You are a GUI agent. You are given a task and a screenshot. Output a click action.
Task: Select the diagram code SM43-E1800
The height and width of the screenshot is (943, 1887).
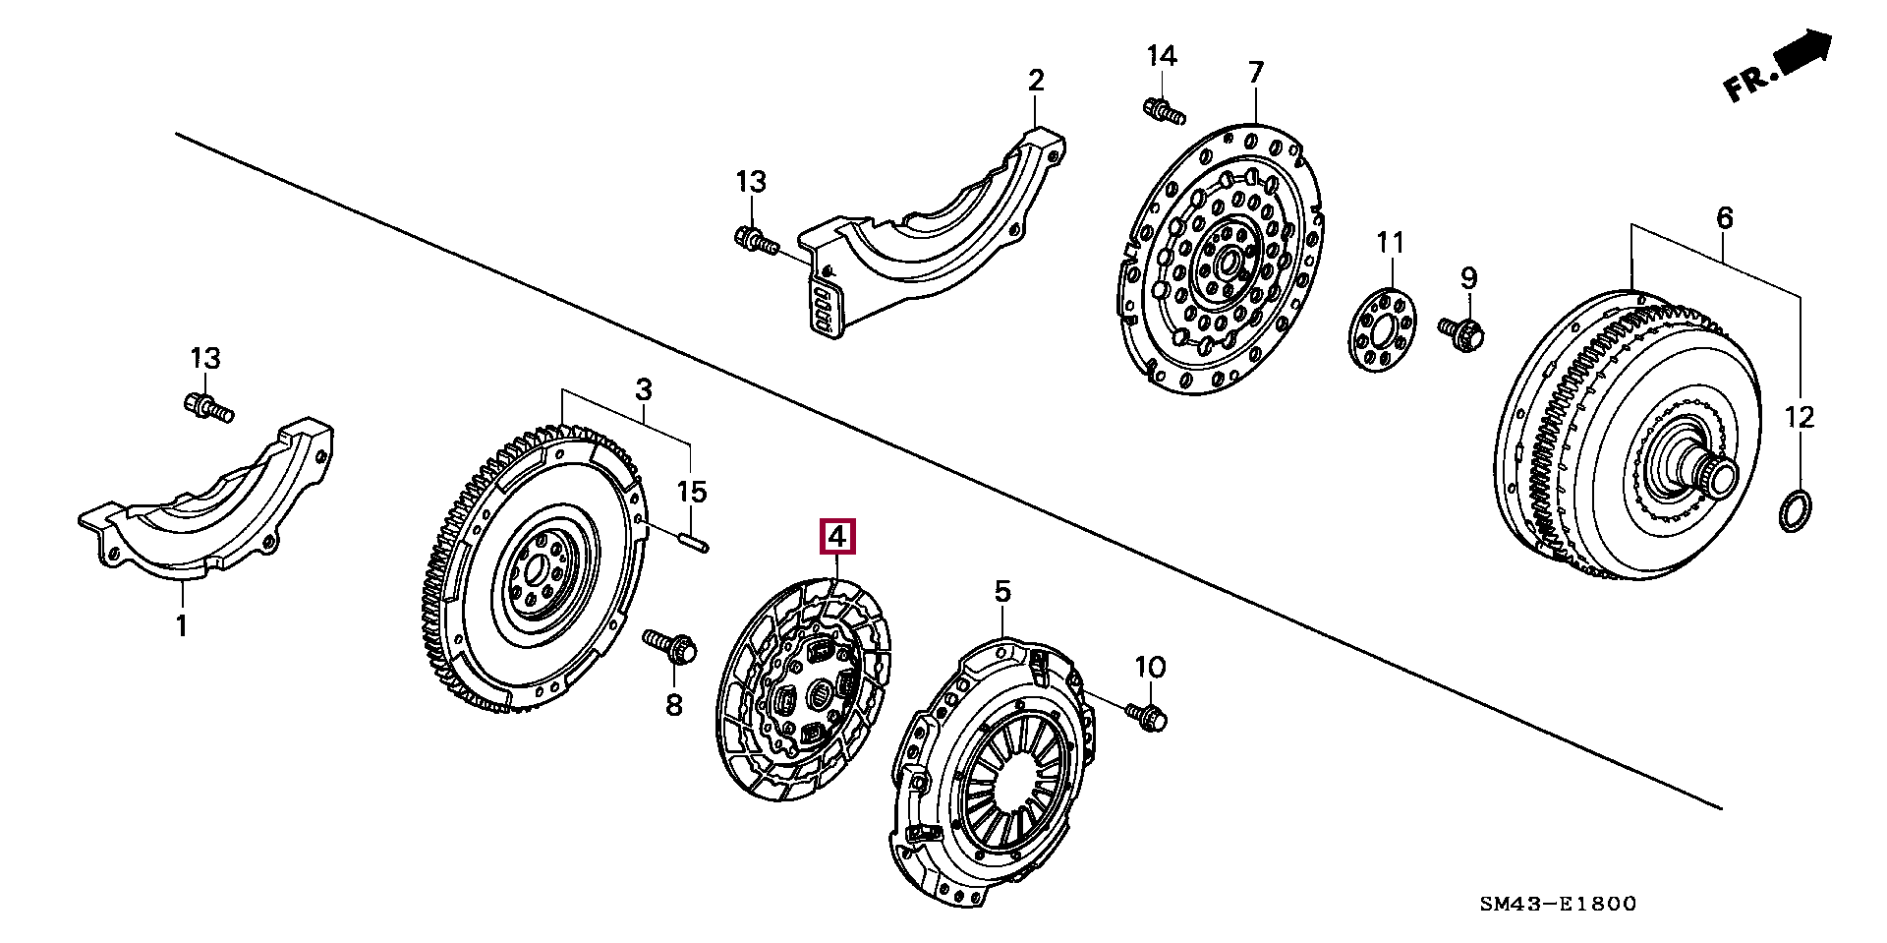pyautogui.click(x=1559, y=904)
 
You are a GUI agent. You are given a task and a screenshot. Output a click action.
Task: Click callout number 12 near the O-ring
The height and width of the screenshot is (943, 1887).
pyautogui.click(x=1800, y=417)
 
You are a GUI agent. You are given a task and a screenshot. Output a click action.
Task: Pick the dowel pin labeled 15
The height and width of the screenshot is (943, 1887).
pyautogui.click(x=691, y=541)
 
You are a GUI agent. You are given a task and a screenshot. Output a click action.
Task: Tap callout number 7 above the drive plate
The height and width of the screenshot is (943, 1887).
pyautogui.click(x=1256, y=73)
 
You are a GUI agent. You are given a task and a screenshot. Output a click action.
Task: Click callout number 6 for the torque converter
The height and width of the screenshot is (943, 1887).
pyautogui.click(x=1726, y=218)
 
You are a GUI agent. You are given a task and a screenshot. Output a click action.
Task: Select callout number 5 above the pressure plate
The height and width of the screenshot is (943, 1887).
pyautogui.click(x=1001, y=591)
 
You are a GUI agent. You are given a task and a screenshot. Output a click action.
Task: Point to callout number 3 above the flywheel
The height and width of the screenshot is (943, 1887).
pyautogui.click(x=644, y=389)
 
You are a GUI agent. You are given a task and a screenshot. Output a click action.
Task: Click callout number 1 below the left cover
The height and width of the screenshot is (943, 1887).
pyautogui.click(x=181, y=624)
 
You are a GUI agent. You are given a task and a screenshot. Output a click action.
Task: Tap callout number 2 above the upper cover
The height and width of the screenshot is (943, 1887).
pyautogui.click(x=1036, y=80)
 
